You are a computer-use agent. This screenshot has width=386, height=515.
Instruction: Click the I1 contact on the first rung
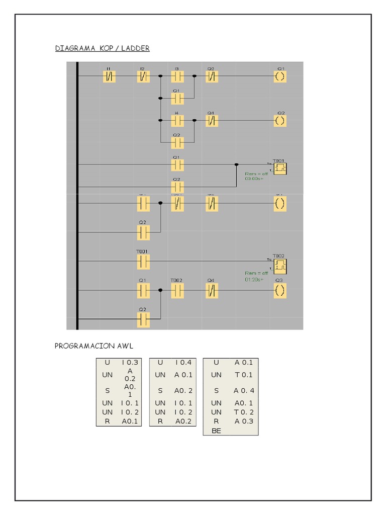tap(109, 77)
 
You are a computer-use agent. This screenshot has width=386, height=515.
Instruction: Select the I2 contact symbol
tap(143, 77)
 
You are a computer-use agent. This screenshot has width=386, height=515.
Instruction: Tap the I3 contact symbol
tap(177, 77)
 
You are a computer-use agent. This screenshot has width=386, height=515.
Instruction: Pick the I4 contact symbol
tap(177, 121)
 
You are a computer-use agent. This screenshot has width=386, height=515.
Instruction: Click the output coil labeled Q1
tap(280, 77)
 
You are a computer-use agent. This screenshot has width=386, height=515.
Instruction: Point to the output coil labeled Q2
tap(280, 121)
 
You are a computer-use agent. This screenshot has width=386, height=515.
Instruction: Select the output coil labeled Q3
tap(280, 291)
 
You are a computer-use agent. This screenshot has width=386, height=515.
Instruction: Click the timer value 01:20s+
tap(254, 280)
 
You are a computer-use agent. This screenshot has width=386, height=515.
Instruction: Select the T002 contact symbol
tap(177, 291)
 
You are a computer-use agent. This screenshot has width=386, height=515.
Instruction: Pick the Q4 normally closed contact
tap(212, 291)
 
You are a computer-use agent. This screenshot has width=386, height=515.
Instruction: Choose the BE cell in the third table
tap(217, 431)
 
